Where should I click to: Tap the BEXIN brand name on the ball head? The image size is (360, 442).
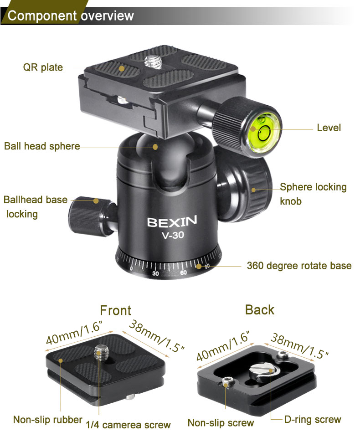172,222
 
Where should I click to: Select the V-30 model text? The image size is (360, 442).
173,235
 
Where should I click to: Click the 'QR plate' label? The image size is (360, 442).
43,67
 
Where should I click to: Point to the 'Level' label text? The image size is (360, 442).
329,128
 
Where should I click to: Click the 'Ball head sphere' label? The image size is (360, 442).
42,146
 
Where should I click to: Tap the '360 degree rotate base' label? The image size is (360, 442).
299,266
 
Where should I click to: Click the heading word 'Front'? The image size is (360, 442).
116,310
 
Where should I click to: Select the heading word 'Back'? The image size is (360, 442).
260,310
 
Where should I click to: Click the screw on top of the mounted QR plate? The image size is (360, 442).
153,62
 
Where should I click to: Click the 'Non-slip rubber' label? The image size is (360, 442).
48,420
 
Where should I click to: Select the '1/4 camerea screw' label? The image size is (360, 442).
128,425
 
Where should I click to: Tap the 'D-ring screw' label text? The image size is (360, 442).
313,420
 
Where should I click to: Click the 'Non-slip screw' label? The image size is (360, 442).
221,423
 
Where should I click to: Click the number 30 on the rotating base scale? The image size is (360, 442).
155,273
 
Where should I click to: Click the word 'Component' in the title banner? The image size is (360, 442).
42,15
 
